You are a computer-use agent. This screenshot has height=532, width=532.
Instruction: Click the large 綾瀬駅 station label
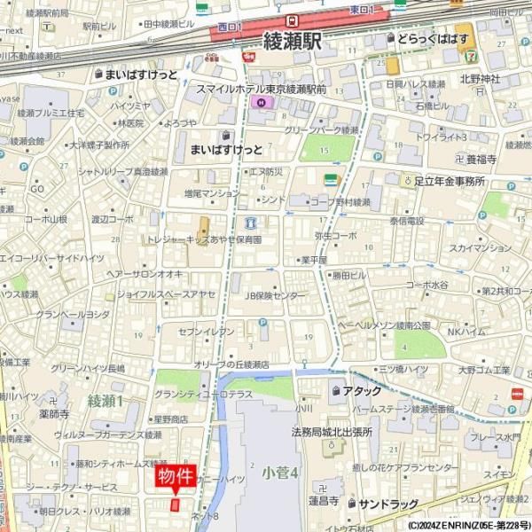(x=293, y=42)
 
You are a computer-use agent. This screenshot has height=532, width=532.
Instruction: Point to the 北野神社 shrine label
(x=481, y=79)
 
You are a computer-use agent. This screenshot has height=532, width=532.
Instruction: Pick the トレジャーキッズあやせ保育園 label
(x=204, y=239)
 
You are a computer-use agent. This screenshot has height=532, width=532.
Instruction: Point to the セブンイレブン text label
(x=207, y=331)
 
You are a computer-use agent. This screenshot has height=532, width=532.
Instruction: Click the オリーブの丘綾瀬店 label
(x=232, y=364)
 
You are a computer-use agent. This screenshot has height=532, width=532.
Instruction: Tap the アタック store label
(x=362, y=391)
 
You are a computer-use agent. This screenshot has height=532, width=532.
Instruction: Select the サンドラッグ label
(x=388, y=504)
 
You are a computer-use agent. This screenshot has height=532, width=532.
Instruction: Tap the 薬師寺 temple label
(x=54, y=413)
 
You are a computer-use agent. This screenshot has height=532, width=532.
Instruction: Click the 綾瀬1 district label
(x=106, y=402)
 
